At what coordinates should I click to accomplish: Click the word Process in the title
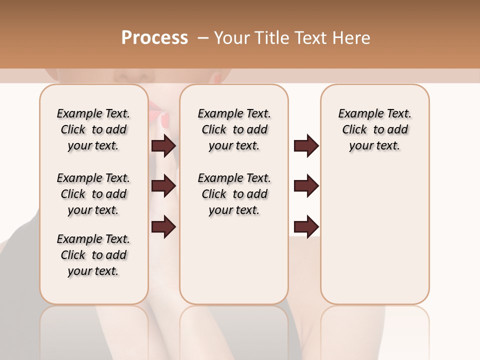point(154,38)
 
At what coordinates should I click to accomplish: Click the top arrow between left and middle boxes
point(163,146)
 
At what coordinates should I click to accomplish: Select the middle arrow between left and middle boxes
point(163,186)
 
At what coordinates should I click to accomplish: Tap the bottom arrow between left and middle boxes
point(163,227)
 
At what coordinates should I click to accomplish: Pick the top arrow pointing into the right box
point(306,146)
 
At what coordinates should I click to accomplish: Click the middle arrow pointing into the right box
point(306,186)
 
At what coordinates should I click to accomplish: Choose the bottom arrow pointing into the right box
point(306,227)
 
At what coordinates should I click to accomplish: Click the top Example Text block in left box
point(93,129)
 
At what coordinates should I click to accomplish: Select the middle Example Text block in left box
point(93,194)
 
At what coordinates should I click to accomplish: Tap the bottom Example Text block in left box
point(93,255)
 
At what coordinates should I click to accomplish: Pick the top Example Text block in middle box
point(234,129)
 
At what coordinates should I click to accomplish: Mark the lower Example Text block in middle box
point(234,194)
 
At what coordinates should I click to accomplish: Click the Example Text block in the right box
point(374,129)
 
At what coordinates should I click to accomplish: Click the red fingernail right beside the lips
point(165,119)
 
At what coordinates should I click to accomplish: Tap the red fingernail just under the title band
point(218,77)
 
